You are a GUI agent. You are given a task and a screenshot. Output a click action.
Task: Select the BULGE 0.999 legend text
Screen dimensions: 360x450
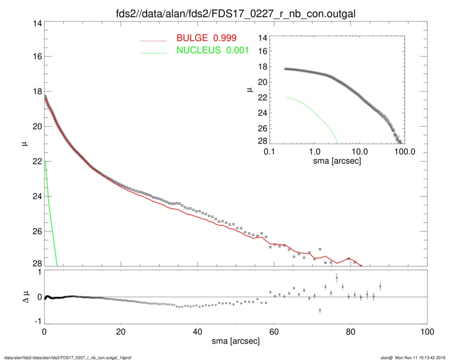pyautogui.click(x=206, y=38)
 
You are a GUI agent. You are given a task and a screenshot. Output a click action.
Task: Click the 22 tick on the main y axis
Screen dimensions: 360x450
pyautogui.click(x=36, y=161)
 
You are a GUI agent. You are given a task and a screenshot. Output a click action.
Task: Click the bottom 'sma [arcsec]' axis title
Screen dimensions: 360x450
pyautogui.click(x=235, y=342)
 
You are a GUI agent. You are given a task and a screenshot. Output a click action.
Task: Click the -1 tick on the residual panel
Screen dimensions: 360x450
pyautogui.click(x=37, y=321)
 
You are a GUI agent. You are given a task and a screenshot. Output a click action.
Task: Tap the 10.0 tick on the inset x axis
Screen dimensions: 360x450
pyautogui.click(x=360, y=152)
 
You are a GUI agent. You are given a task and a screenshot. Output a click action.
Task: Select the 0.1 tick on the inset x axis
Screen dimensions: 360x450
pyautogui.click(x=269, y=152)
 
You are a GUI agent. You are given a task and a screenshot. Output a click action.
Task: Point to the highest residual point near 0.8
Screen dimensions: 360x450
pyautogui.click(x=337, y=278)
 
